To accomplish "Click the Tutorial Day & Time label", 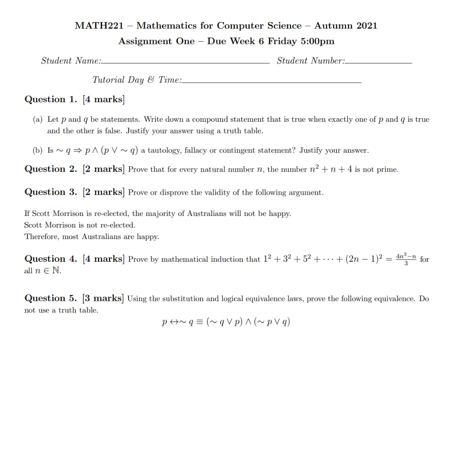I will pos(137,80).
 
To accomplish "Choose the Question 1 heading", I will pos(51,100).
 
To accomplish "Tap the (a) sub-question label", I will pos(38,120).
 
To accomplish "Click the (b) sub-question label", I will pos(38,151).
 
